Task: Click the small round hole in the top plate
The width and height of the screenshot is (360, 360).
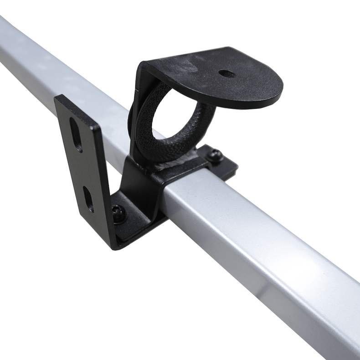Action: pyautogui.click(x=226, y=73)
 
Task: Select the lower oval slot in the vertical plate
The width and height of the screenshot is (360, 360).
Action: pyautogui.click(x=88, y=199)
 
